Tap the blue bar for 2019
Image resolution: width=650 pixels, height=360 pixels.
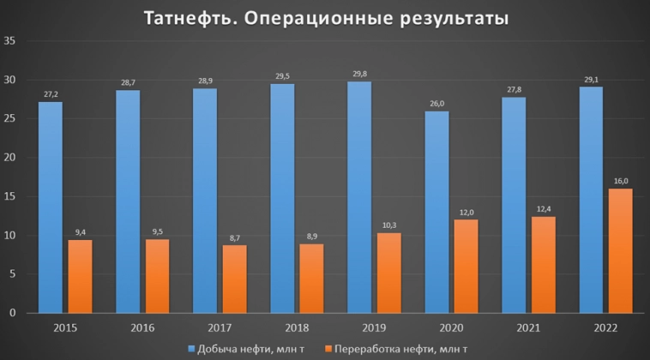359,197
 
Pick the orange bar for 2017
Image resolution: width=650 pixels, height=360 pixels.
234,279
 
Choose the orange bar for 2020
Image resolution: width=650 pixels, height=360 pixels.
466,266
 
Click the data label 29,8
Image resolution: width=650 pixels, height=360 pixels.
359,74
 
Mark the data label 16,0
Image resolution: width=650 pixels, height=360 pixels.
620,181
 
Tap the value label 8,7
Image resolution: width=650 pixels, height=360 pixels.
234,237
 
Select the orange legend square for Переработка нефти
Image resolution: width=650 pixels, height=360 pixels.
327,348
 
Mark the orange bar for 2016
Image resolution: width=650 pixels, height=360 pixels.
157,276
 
